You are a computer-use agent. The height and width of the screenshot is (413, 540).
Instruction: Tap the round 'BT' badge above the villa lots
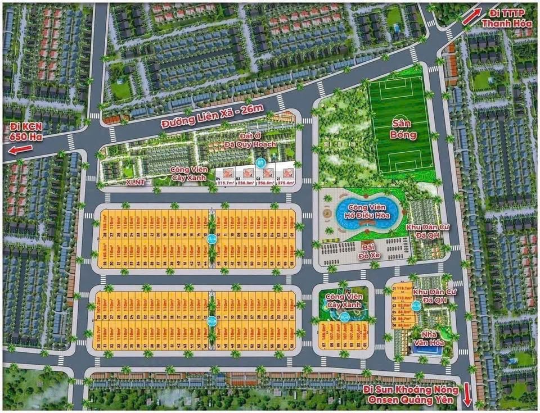[260, 163]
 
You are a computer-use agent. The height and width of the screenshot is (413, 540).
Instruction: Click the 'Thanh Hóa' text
[504, 23]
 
